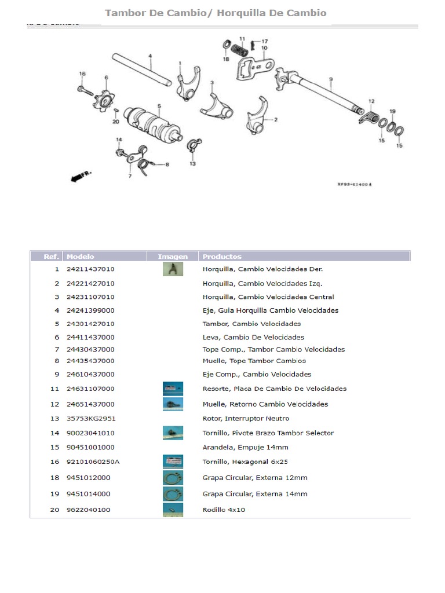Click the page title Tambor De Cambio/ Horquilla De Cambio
tap(215, 13)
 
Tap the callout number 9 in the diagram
tap(331, 79)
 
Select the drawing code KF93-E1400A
tap(355, 184)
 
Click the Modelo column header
tap(81, 256)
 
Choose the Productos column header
tap(222, 256)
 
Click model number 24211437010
tap(90, 269)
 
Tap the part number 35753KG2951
tap(90, 418)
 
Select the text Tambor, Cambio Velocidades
tap(251, 324)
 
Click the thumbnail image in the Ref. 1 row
tap(173, 269)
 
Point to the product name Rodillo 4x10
tap(223, 510)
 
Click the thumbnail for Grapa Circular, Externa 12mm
tap(173, 478)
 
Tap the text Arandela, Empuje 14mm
tap(245, 447)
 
